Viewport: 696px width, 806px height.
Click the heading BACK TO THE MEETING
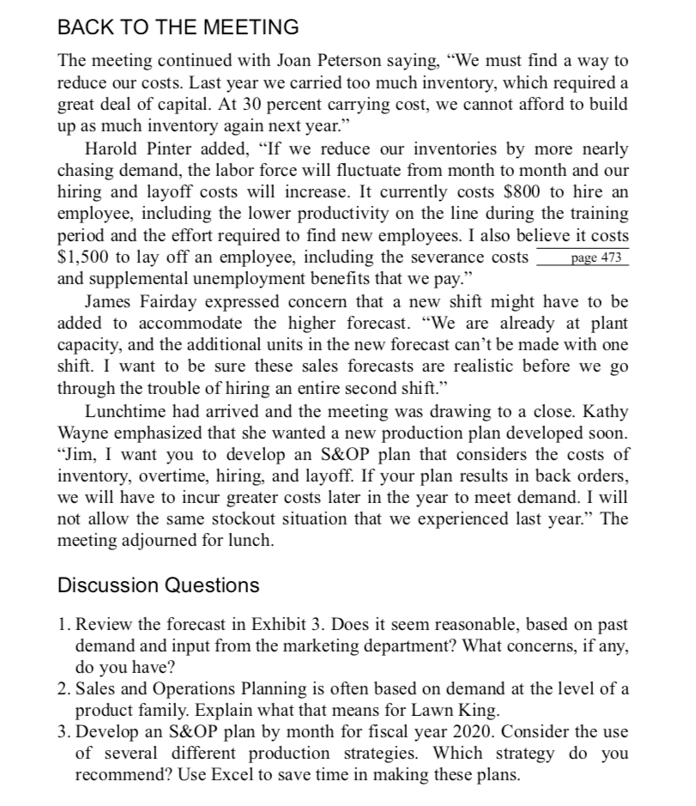178,27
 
